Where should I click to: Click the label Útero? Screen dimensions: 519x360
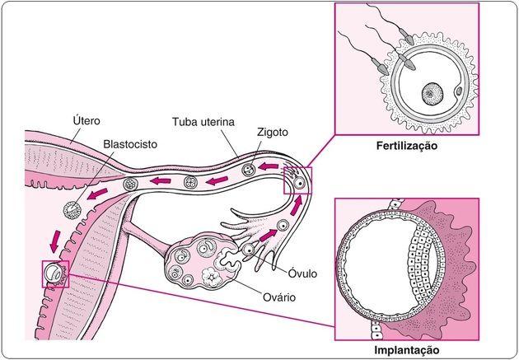coord(87,121)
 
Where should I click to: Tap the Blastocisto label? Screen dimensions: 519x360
coord(130,143)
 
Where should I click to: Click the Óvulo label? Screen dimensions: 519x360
coord(302,273)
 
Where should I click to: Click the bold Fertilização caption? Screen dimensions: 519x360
coord(407,147)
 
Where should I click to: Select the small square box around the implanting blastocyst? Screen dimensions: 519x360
coord(54,273)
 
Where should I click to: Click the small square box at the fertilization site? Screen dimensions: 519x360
coord(297,180)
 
